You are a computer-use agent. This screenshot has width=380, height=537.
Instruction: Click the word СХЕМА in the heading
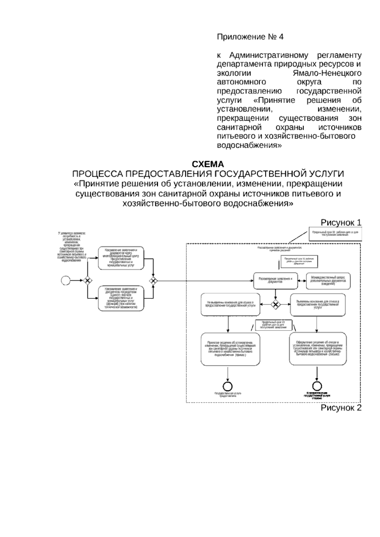[x=208, y=164]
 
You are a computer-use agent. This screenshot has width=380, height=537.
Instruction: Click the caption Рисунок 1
[x=341, y=223]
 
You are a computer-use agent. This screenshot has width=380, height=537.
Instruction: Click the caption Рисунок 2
[x=341, y=407]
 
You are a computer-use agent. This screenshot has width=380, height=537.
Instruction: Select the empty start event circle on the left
[x=66, y=280]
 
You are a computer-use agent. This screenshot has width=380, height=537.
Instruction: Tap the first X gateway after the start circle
[x=87, y=280]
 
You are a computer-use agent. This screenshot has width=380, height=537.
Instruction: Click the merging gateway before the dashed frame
[x=154, y=280]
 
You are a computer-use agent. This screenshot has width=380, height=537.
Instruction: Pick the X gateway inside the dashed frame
[x=276, y=305]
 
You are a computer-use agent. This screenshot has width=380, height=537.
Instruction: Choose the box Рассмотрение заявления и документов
[x=275, y=280]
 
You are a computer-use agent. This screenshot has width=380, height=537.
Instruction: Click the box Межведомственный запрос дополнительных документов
[x=328, y=281]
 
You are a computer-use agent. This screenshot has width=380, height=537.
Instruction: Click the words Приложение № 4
[x=250, y=37]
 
